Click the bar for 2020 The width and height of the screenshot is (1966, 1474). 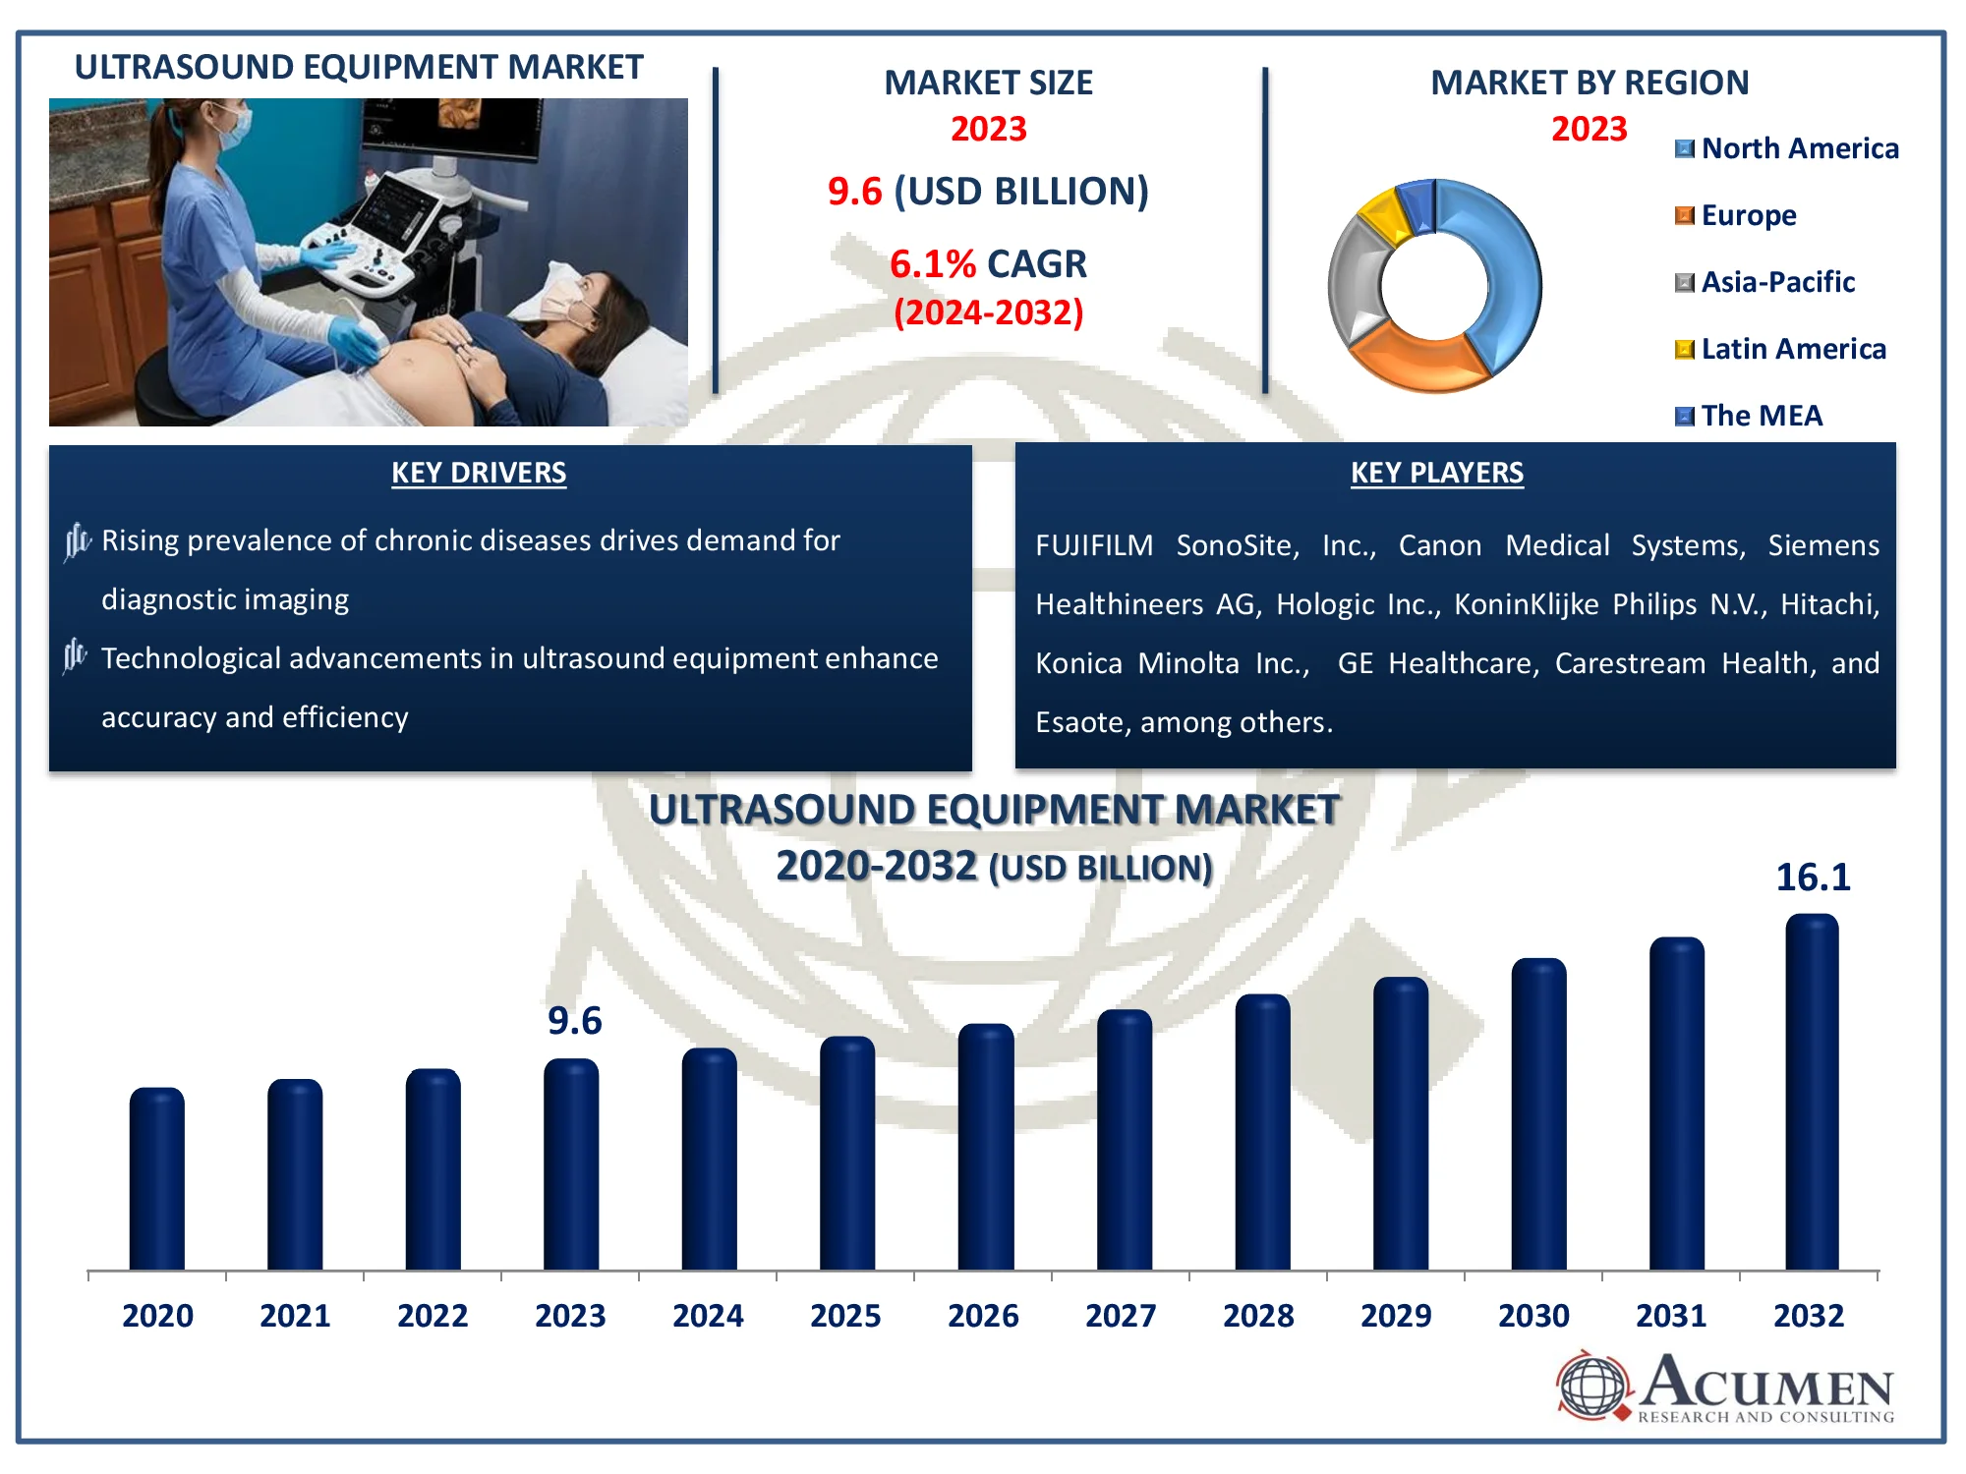click(x=157, y=1178)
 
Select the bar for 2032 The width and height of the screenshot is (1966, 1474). click(x=1812, y=1092)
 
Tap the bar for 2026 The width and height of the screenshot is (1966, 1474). click(x=986, y=1147)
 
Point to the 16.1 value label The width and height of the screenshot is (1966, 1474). click(x=1813, y=877)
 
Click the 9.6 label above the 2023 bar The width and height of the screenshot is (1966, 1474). click(x=575, y=1020)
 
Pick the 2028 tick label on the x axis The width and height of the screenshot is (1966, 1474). click(x=1258, y=1315)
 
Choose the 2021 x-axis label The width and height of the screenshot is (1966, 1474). click(x=295, y=1315)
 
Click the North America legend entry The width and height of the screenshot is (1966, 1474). click(x=1787, y=148)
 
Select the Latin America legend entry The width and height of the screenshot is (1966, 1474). click(x=1780, y=349)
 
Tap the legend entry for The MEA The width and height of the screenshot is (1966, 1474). click(x=1749, y=416)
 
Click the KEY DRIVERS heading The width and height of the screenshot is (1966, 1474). click(x=479, y=473)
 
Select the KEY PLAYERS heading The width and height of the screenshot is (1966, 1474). click(x=1437, y=473)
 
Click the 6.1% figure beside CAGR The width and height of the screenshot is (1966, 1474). click(x=933, y=263)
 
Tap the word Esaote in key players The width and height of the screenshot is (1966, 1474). click(x=1078, y=722)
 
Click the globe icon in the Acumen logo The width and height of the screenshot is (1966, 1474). click(x=1593, y=1386)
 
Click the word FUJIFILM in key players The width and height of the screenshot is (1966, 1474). click(x=1094, y=545)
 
